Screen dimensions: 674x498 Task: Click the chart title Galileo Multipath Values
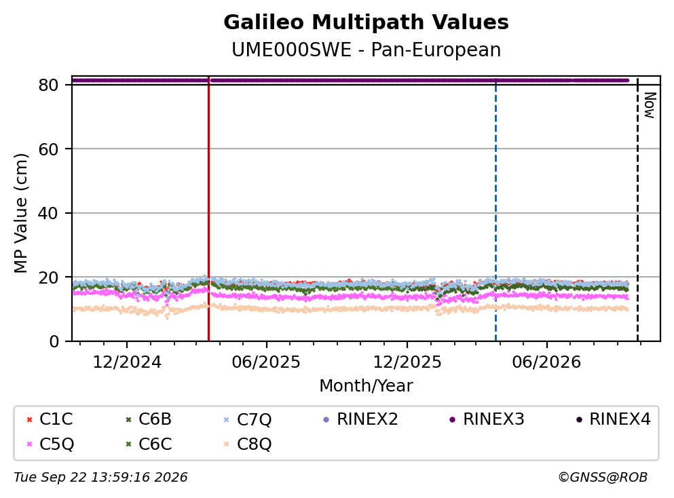[x=366, y=22]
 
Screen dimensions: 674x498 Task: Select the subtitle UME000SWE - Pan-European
[x=366, y=50]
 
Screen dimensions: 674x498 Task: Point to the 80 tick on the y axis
[x=48, y=85]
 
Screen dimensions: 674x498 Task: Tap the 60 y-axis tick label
[x=48, y=149]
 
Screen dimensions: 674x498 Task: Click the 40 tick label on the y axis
[x=48, y=213]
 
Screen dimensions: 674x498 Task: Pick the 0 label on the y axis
[x=54, y=341]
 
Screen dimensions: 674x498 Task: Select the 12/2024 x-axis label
[x=127, y=362]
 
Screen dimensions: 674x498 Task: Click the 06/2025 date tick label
[x=266, y=362]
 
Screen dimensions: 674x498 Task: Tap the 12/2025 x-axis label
[x=407, y=362]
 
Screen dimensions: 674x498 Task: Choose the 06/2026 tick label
[x=546, y=362]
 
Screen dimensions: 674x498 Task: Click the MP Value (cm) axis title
[x=20, y=213]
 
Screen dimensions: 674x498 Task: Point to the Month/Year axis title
[x=366, y=386]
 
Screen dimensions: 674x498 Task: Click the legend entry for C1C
[x=49, y=419]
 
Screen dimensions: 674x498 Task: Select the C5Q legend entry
[x=50, y=444]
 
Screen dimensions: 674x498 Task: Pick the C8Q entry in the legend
[x=248, y=444]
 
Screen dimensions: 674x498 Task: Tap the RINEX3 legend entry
[x=487, y=419]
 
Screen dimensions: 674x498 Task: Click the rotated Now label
[x=650, y=105]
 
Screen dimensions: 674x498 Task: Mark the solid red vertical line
[x=208, y=209]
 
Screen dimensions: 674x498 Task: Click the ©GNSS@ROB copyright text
[x=603, y=477]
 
